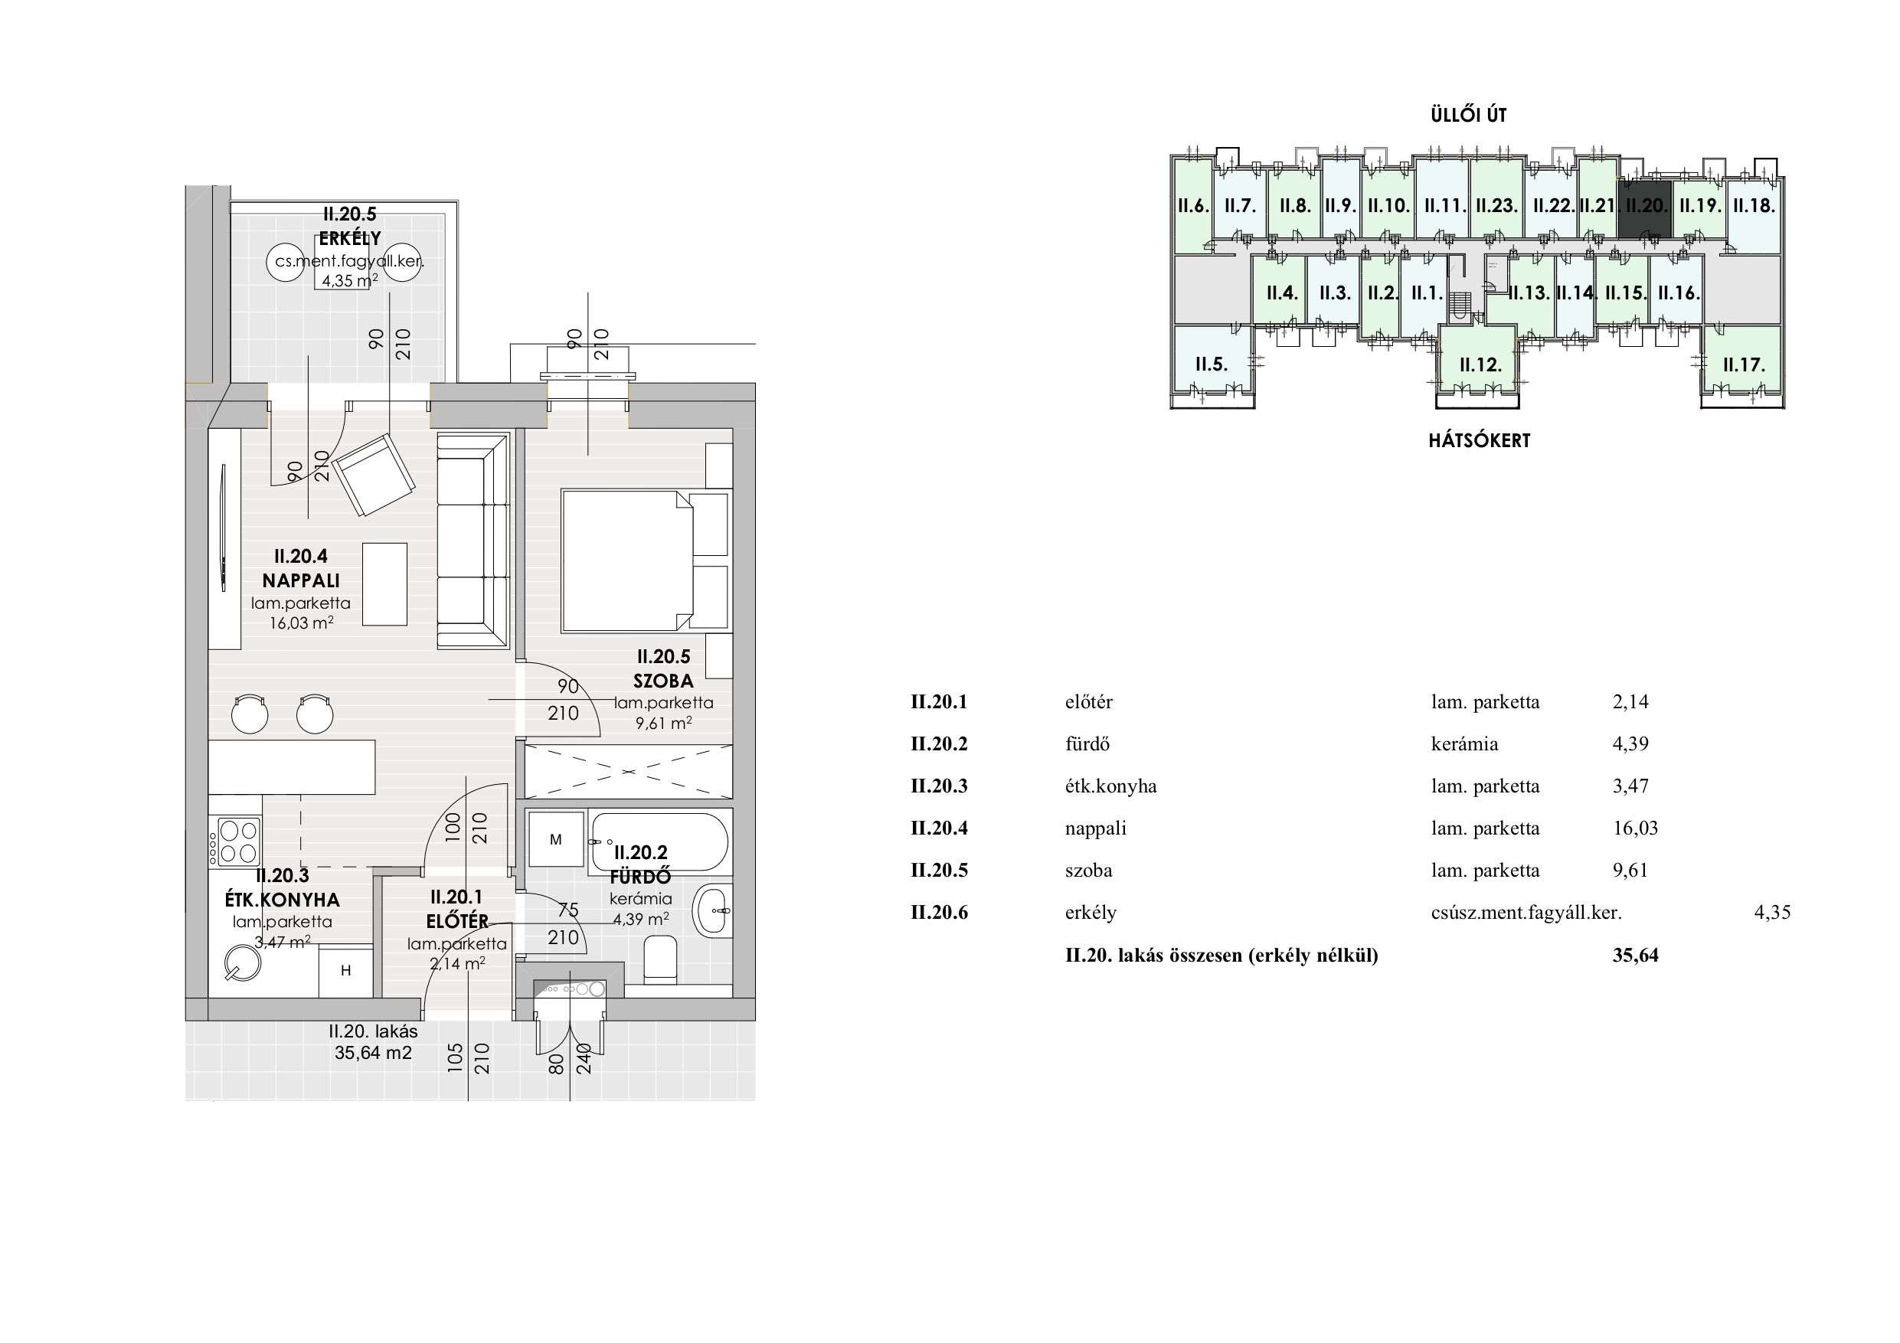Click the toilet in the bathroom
pos(659,960)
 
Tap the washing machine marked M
pos(555,840)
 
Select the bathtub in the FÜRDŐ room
pos(659,841)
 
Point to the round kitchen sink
pos(244,963)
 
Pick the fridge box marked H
pos(346,971)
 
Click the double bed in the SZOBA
pos(646,561)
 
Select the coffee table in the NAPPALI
pos(384,583)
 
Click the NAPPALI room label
pos(301,581)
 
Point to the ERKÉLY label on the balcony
pos(350,238)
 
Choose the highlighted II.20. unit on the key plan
pos(1645,206)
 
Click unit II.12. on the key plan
pos(1480,365)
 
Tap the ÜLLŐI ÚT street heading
pos(1469,115)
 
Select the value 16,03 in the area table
pos(1635,828)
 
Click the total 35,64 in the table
pos(1635,955)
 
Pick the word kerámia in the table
pos(1465,744)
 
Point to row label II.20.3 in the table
pos(939,786)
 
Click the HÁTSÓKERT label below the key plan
pos(1480,440)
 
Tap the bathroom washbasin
pos(712,910)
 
